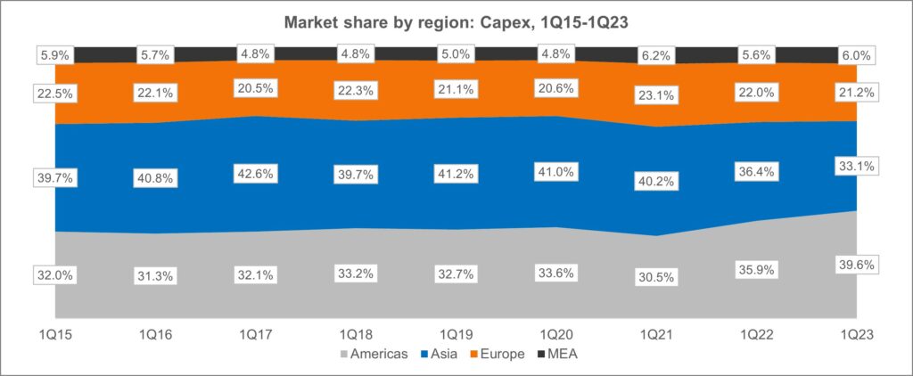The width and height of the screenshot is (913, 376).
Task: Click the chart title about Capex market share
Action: pos(456,21)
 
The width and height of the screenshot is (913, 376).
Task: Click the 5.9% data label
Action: pos(55,53)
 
